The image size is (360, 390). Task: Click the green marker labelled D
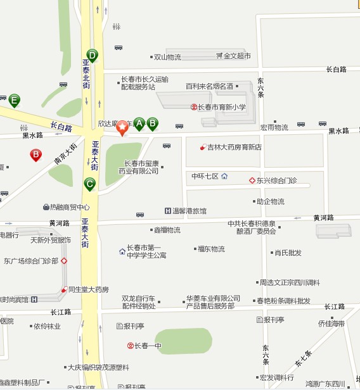click(x=92, y=56)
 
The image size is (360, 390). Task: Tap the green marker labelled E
click(x=14, y=99)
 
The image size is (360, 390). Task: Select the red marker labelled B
click(x=36, y=154)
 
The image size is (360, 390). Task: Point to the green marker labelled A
click(x=139, y=123)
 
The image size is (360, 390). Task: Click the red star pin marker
click(x=122, y=126)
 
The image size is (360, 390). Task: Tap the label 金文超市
click(x=237, y=56)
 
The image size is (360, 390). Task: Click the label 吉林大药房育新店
click(x=235, y=147)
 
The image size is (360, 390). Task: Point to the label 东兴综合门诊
click(x=276, y=180)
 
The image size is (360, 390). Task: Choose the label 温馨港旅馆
click(x=190, y=211)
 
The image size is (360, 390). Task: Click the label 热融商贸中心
click(x=70, y=207)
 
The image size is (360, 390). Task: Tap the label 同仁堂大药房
click(x=88, y=289)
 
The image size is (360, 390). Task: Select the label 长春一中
click(x=148, y=346)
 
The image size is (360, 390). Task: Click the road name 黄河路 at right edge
click(x=324, y=217)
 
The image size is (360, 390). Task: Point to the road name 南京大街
click(x=65, y=154)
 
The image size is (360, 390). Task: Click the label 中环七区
click(x=205, y=175)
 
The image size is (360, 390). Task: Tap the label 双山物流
click(x=167, y=57)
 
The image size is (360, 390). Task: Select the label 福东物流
click(x=211, y=249)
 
